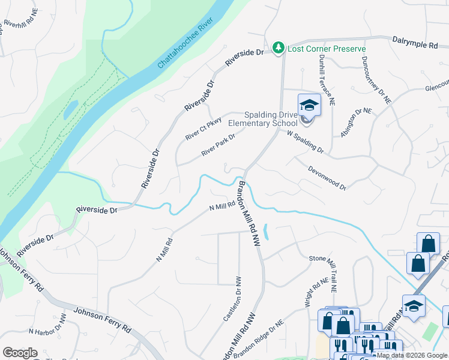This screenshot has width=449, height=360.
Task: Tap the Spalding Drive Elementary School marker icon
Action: point(309,105)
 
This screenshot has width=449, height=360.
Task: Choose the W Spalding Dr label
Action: point(305,141)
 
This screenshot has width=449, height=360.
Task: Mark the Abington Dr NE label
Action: point(356,122)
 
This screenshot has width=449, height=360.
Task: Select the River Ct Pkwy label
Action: point(203,128)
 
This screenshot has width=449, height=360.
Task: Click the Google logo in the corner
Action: point(20,352)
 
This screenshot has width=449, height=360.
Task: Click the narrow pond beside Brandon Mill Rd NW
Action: point(267,232)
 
